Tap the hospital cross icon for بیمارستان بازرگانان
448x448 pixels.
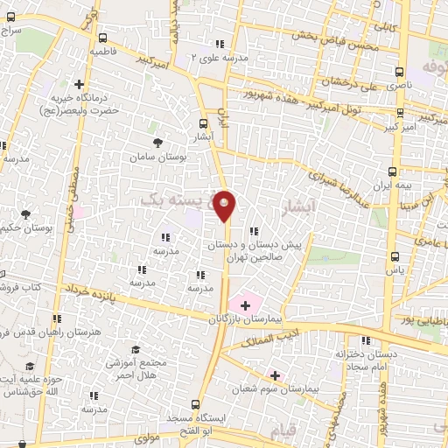(x=245, y=305)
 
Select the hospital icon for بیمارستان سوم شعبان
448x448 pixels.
(x=275, y=375)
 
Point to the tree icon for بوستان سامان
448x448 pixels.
(x=157, y=143)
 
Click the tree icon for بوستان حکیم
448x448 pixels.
(x=25, y=214)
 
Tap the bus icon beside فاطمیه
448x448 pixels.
(x=103, y=38)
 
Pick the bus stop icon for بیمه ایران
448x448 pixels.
(x=392, y=172)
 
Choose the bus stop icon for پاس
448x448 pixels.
(x=395, y=257)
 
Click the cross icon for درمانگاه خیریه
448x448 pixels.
(x=80, y=86)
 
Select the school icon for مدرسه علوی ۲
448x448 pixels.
(x=220, y=43)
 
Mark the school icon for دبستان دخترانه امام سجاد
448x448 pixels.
(x=366, y=340)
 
